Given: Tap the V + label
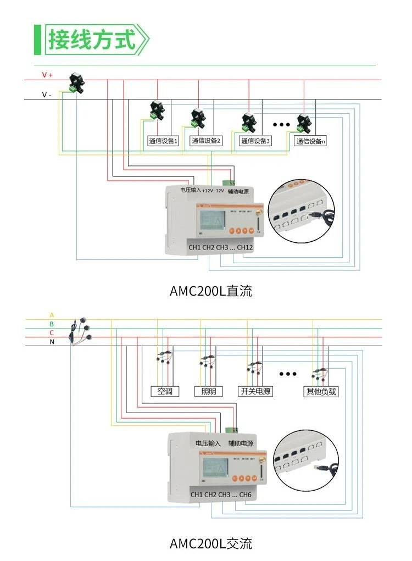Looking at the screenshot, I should [47, 75].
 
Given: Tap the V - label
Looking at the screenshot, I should [47, 95].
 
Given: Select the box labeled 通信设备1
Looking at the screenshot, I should [163, 141].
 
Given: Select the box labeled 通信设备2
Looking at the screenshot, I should [206, 141].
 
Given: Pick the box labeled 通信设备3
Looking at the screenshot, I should [255, 141].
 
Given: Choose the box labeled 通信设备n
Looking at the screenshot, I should [310, 141].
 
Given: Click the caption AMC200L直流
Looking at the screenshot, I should [211, 291].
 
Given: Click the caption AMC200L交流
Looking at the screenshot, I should [211, 544].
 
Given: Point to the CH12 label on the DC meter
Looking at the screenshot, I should [245, 247].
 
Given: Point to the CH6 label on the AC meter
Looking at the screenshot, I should [245, 495].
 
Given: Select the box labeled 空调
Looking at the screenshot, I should [165, 392].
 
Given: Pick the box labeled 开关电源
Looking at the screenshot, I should [255, 392].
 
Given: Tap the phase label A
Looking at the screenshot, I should [52, 315].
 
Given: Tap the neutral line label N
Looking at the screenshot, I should [52, 342].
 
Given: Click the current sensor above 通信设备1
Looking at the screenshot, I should [158, 109].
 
